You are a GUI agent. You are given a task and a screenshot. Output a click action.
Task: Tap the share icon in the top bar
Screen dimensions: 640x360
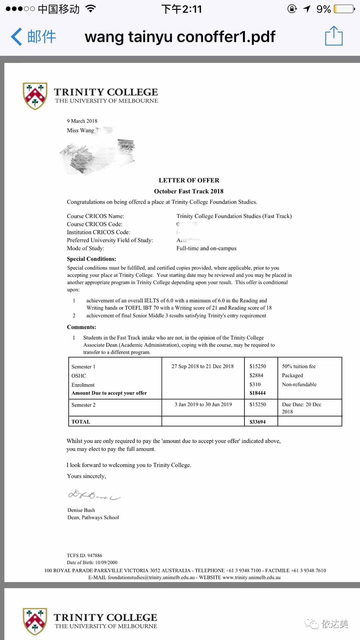click(x=334, y=36)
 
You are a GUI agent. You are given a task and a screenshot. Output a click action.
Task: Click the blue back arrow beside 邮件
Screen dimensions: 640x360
click(x=17, y=36)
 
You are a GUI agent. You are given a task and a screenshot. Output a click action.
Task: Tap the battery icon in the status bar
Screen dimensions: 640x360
click(x=344, y=9)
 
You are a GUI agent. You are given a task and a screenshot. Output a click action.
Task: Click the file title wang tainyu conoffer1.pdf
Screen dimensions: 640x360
click(x=180, y=37)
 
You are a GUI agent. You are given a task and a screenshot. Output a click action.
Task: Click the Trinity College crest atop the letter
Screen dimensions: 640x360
click(x=35, y=96)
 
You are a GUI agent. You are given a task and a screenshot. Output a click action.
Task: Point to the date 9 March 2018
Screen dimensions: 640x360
click(x=82, y=121)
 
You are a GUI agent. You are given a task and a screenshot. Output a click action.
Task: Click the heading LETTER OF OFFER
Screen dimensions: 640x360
click(x=189, y=180)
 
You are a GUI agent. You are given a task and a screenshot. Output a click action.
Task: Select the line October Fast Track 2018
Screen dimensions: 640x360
click(x=189, y=191)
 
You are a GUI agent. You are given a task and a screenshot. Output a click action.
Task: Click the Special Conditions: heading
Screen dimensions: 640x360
click(x=91, y=259)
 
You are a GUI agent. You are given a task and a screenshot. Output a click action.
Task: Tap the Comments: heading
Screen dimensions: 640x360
click(x=81, y=327)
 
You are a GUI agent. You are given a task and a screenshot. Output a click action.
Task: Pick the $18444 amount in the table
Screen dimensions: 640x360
click(x=257, y=393)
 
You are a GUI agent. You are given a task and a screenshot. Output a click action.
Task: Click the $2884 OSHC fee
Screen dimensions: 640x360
click(x=256, y=375)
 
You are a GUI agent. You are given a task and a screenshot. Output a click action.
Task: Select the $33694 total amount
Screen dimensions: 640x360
click(x=257, y=422)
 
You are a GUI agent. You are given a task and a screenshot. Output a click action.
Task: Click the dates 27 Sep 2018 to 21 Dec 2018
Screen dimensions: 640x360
click(x=203, y=366)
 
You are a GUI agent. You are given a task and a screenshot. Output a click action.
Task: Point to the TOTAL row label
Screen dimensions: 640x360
click(x=81, y=422)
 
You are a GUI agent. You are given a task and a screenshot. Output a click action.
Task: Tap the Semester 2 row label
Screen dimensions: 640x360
click(x=83, y=405)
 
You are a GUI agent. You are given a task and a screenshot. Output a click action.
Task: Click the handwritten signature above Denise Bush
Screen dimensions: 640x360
click(x=94, y=495)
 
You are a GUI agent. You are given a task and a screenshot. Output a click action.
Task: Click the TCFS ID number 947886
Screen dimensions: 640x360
click(x=95, y=555)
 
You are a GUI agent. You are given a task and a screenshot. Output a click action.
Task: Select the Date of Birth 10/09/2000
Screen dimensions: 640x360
click(x=106, y=562)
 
